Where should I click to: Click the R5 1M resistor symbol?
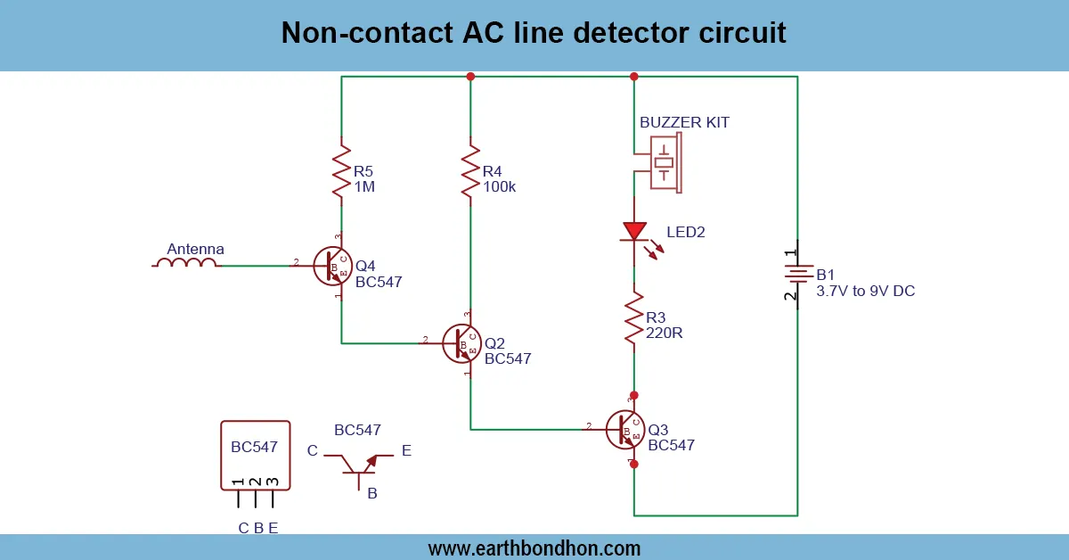(x=341, y=171)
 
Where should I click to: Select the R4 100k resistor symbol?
(x=470, y=173)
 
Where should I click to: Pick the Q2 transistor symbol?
(x=462, y=343)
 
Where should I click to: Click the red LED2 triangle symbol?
(x=634, y=232)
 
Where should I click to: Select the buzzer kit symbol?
(x=664, y=162)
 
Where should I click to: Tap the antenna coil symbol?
(x=185, y=264)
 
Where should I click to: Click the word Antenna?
(x=196, y=249)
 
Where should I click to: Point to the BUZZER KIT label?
(x=684, y=123)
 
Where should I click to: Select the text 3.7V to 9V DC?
(x=865, y=291)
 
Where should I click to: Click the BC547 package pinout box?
(x=255, y=455)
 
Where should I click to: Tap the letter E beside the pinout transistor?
(x=406, y=451)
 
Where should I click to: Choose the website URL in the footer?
(x=534, y=548)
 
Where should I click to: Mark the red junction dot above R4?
(x=470, y=77)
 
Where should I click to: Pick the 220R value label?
(x=664, y=333)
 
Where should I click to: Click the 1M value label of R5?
(x=363, y=187)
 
